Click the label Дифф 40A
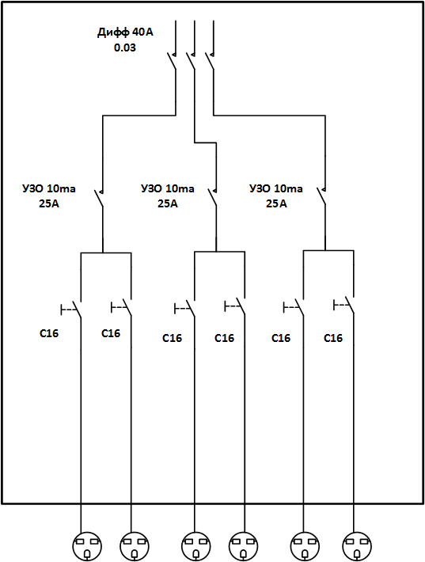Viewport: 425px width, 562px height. [x=125, y=32]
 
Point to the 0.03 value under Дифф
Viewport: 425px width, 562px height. [x=125, y=47]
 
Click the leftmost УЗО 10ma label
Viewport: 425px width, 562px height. [x=49, y=188]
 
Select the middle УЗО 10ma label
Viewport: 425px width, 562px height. [x=168, y=188]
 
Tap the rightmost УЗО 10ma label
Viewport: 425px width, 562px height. [x=276, y=188]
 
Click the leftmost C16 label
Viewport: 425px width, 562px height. [x=49, y=333]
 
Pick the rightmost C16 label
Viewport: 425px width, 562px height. [x=333, y=338]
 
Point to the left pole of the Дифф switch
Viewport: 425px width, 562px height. [x=172, y=60]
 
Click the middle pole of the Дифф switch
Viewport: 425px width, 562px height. [x=191, y=60]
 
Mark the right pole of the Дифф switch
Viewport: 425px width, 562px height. [x=210, y=60]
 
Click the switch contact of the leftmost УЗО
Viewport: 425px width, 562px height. [x=99, y=198]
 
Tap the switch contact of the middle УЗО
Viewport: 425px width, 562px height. [x=212, y=197]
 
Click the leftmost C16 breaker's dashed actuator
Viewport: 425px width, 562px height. [x=69, y=309]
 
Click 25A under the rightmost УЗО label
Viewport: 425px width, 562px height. [x=276, y=204]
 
